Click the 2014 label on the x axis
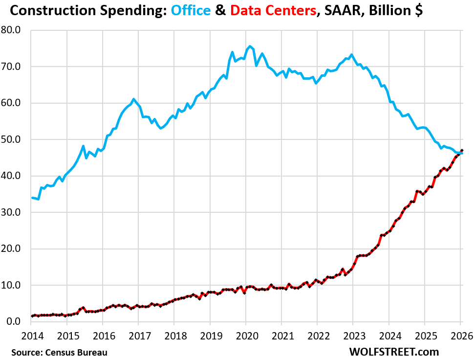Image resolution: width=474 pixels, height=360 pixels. (x=31, y=337)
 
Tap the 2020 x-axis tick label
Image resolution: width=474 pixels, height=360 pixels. (x=245, y=337)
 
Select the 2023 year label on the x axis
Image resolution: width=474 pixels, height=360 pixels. (x=353, y=337)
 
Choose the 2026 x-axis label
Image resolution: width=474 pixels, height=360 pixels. (x=460, y=337)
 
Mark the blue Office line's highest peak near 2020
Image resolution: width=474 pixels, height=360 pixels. (x=250, y=46)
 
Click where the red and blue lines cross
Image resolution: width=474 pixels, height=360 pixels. (x=460, y=153)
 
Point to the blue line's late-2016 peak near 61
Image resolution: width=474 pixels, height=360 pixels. (x=134, y=99)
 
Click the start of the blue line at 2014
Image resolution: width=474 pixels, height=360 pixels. (x=32, y=198)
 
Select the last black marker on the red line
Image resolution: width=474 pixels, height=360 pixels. (x=462, y=151)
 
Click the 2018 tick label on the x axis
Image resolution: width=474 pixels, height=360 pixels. (x=174, y=337)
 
